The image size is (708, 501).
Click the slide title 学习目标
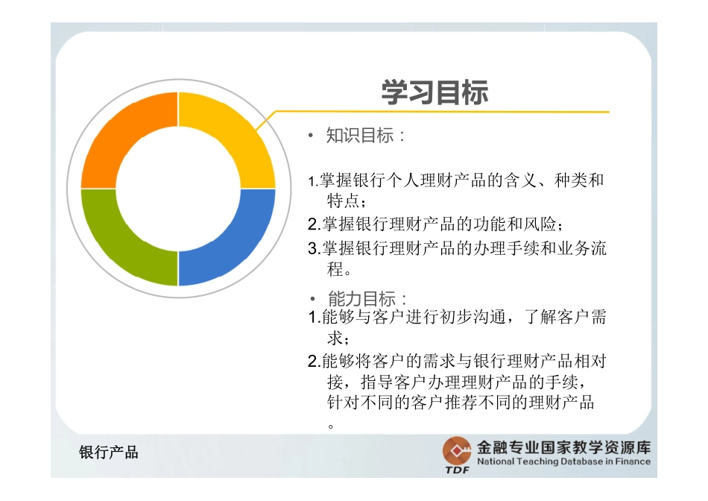pyautogui.click(x=434, y=93)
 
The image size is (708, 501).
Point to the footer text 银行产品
pyautogui.click(x=109, y=452)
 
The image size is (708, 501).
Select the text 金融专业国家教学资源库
pyautogui.click(x=563, y=447)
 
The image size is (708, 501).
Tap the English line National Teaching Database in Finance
pyautogui.click(x=563, y=461)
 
